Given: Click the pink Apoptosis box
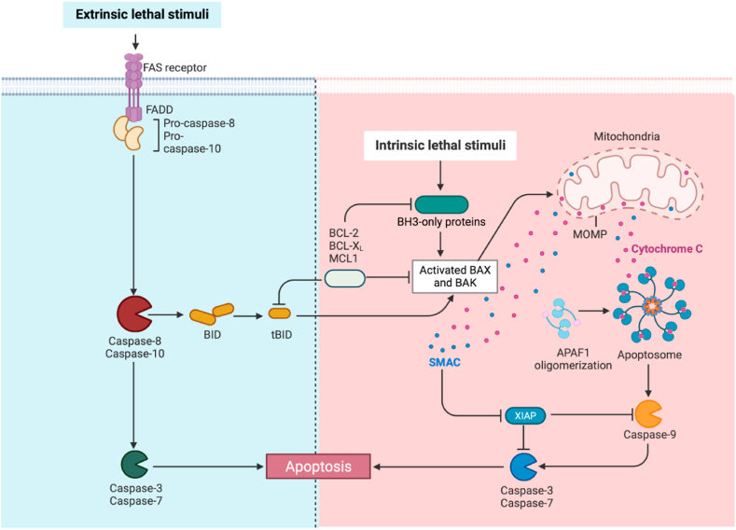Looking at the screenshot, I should (x=319, y=464).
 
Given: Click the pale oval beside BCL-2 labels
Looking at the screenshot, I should (x=344, y=277).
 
